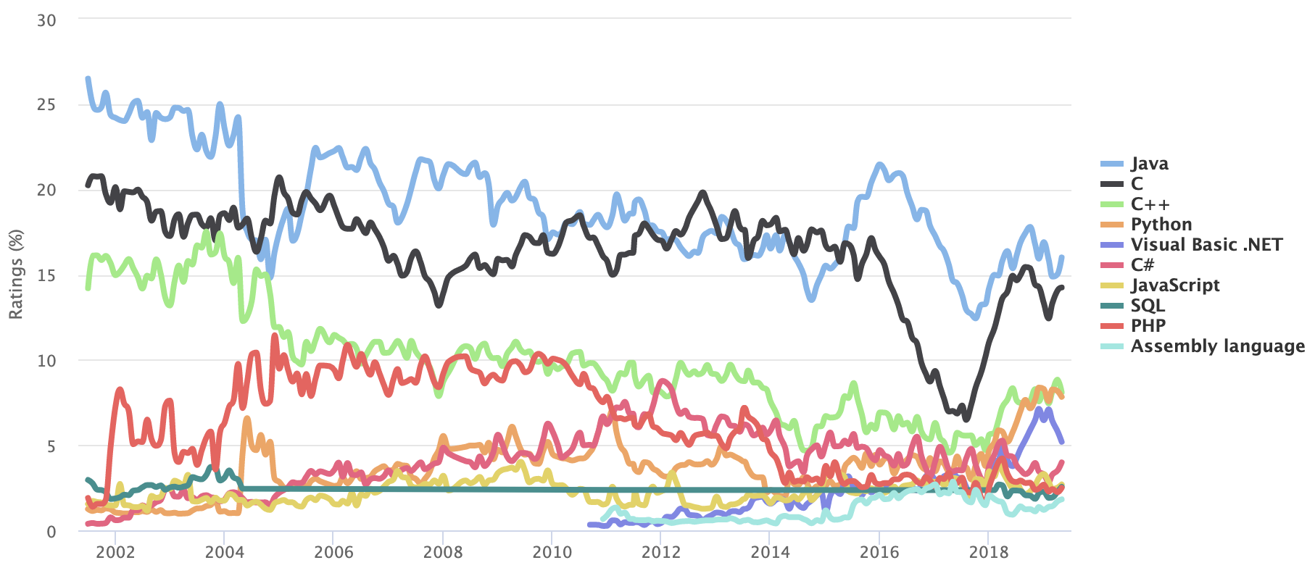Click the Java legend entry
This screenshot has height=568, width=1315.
(1149, 164)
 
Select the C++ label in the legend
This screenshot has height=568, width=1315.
(1150, 204)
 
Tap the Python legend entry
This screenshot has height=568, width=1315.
(1161, 225)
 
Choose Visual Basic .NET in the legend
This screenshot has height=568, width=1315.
(1206, 245)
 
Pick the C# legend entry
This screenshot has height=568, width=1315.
(1142, 265)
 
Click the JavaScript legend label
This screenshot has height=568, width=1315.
(1174, 285)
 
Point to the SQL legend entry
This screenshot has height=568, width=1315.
(1148, 306)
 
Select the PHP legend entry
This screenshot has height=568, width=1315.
(1148, 326)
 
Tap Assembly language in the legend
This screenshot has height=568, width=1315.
(1217, 346)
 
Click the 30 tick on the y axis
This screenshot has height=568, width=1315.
(46, 20)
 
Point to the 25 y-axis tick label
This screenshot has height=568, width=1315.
(46, 105)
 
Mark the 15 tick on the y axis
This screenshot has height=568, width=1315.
(46, 276)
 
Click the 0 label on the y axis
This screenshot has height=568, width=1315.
(51, 532)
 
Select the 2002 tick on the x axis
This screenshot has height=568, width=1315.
(116, 552)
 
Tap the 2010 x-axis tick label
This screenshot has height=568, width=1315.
(552, 552)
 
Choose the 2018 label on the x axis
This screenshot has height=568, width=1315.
(989, 552)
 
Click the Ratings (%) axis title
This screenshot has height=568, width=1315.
(16, 274)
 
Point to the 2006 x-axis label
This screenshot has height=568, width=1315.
(334, 552)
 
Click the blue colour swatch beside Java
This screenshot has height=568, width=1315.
(1111, 164)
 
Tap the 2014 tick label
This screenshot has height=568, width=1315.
(771, 552)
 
